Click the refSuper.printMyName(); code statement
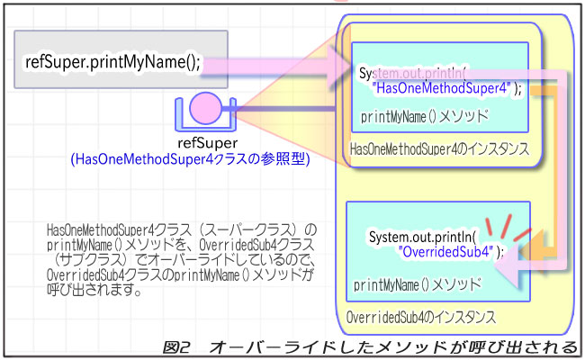(112, 64)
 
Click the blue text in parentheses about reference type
(190, 159)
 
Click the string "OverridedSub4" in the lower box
(446, 251)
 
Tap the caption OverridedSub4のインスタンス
(420, 317)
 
